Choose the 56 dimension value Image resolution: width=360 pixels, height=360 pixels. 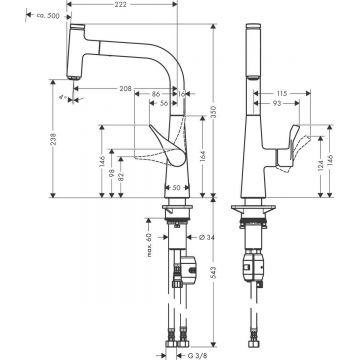coord(163,102)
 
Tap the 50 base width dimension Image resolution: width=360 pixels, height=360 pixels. coord(176,188)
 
